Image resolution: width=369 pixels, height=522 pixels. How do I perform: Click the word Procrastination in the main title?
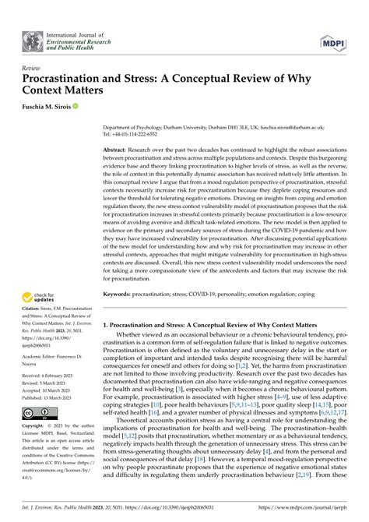pyautogui.click(x=69, y=80)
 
